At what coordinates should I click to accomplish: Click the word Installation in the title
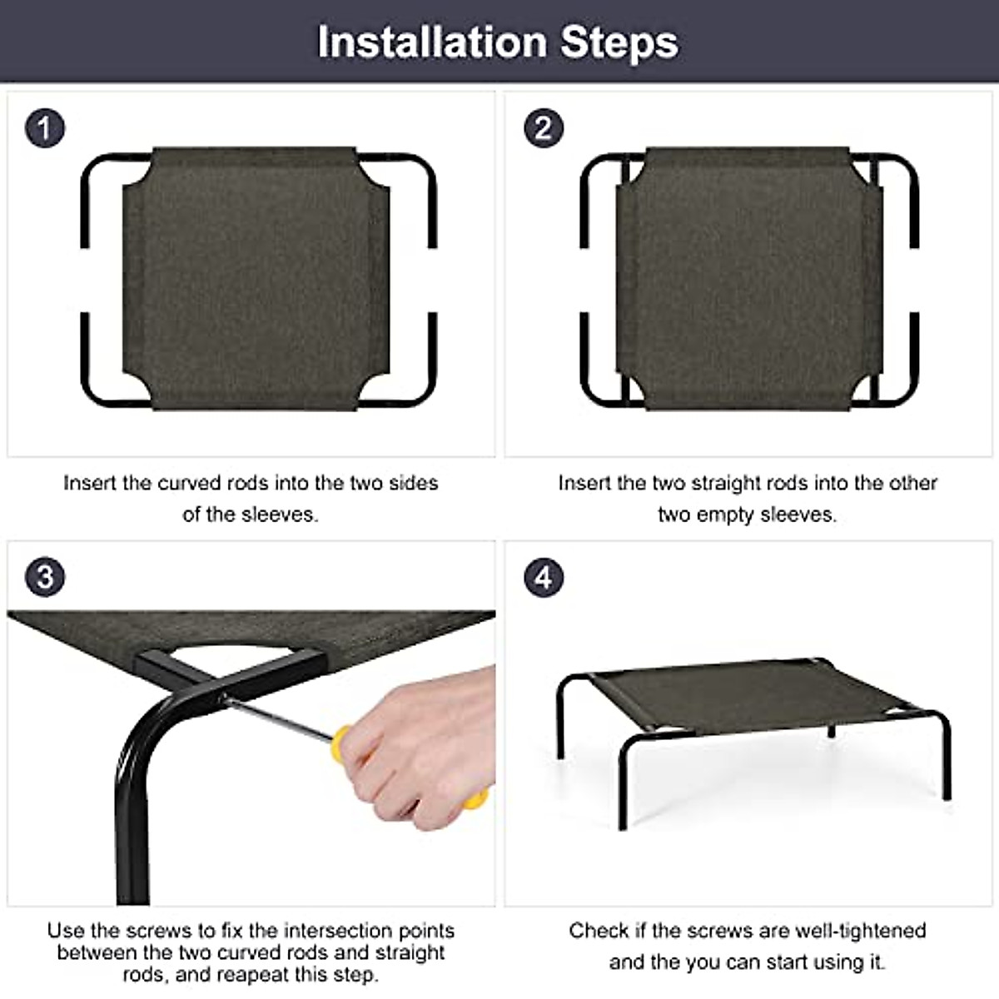tap(432, 42)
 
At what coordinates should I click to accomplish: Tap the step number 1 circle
tap(45, 128)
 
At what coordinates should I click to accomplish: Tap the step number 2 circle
tap(544, 128)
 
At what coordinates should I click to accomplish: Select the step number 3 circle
tap(45, 577)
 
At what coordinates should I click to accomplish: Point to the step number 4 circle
tap(544, 577)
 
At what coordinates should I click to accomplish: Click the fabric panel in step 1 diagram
tap(256, 279)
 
